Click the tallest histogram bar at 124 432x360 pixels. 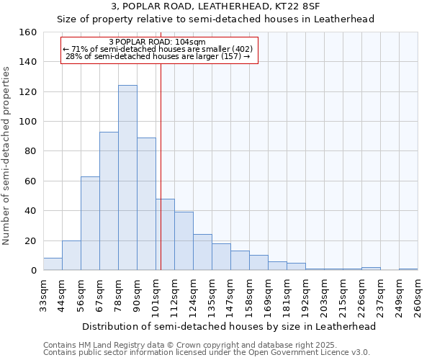point(127,178)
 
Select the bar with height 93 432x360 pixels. point(109,201)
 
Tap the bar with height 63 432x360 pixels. point(90,223)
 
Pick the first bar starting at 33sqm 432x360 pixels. point(53,264)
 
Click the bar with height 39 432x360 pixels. point(184,241)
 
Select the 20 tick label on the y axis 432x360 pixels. point(32,240)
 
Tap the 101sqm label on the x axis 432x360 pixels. point(156,295)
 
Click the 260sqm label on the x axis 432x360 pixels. point(418,295)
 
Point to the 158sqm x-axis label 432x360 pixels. point(250,295)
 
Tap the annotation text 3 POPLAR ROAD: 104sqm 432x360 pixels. point(157,42)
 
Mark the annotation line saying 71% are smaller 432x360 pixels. point(157,49)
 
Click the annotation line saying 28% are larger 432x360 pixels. point(157,56)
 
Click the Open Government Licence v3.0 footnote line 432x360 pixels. point(207,353)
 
